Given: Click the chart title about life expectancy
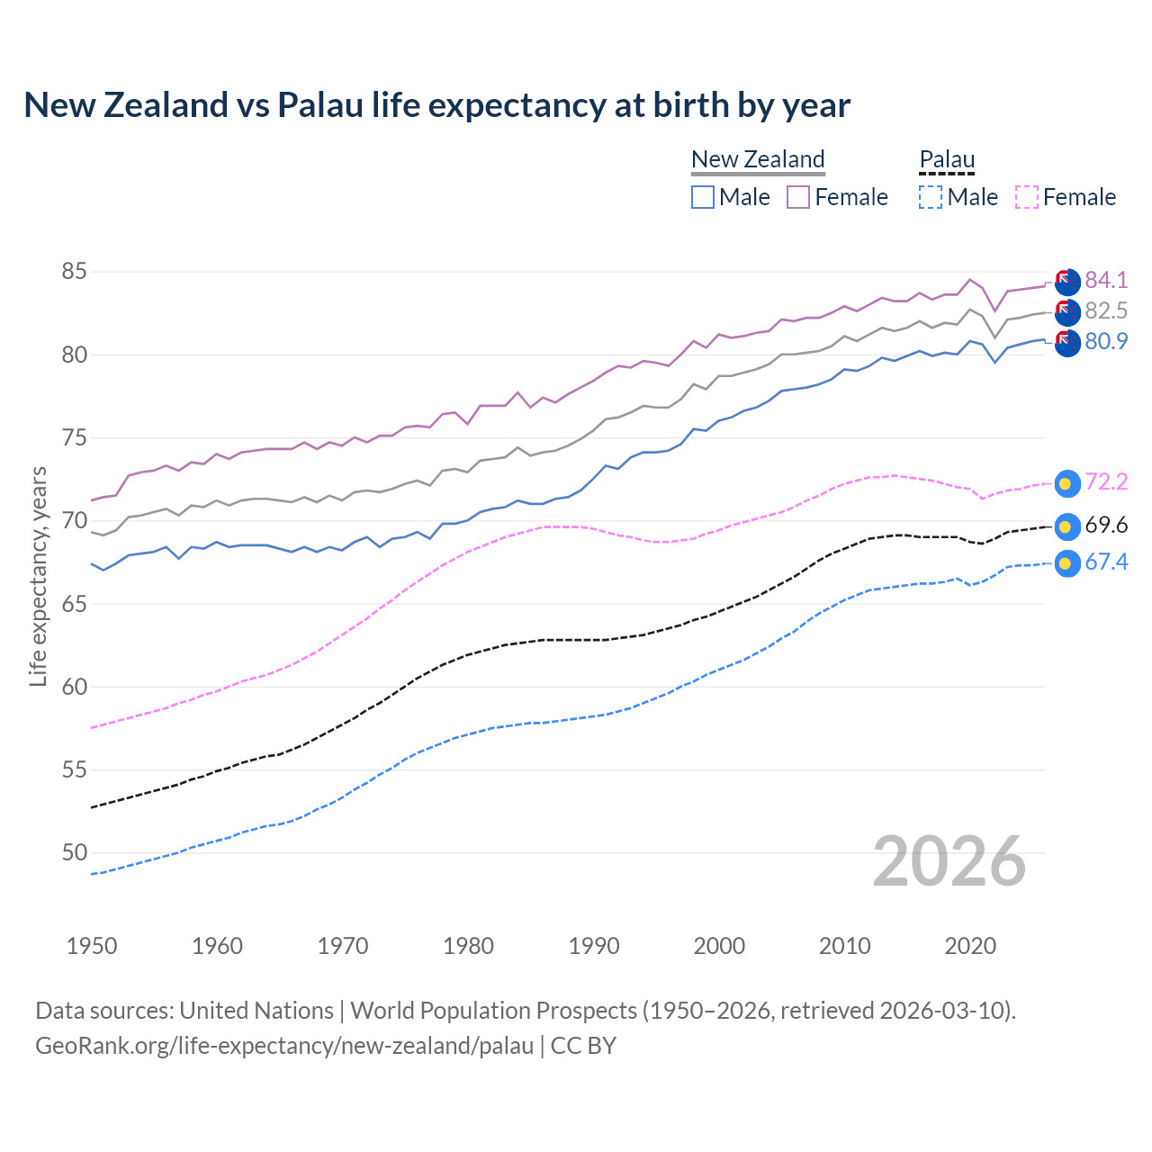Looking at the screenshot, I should (x=436, y=105).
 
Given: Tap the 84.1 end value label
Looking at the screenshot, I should (x=1106, y=280).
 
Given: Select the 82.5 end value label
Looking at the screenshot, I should (x=1106, y=310).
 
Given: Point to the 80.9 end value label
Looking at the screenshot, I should (x=1106, y=341).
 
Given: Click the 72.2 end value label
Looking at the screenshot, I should (x=1106, y=481).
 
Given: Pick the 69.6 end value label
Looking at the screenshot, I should (x=1106, y=525).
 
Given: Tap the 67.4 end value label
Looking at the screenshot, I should (x=1106, y=562).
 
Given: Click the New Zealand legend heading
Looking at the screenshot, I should (x=758, y=159).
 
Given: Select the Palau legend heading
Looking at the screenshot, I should (x=947, y=159).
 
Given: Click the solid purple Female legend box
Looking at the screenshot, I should (x=798, y=197).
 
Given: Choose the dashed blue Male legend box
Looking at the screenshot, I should (x=931, y=197).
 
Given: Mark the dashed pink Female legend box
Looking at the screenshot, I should (x=1027, y=197).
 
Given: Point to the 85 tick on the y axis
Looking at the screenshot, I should (x=75, y=271).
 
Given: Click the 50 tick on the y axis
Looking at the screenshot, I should (x=75, y=852).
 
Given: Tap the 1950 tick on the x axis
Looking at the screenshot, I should (x=92, y=946).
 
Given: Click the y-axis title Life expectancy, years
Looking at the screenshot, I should (x=38, y=576).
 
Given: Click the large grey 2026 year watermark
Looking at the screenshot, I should (x=949, y=861).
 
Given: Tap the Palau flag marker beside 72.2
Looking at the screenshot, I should (x=1066, y=483).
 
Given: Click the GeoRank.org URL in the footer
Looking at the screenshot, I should (x=284, y=1046).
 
